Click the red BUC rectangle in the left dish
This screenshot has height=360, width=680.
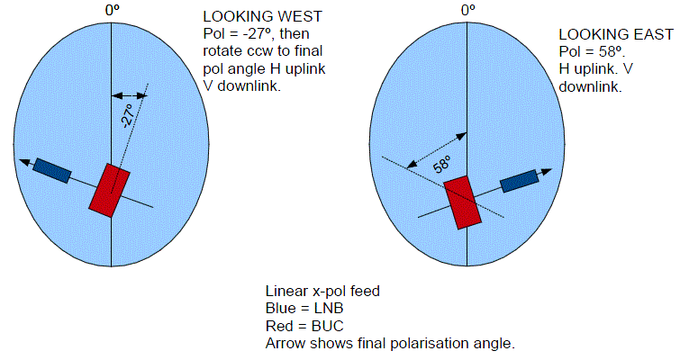click(x=109, y=190)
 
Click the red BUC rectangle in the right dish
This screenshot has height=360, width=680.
click(x=463, y=202)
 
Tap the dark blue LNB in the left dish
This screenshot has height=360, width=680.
click(x=52, y=171)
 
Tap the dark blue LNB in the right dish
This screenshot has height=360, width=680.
click(x=520, y=181)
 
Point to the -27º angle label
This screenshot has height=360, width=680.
click(x=129, y=116)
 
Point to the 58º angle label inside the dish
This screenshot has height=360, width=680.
click(x=442, y=165)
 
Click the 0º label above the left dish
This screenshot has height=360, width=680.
click(x=113, y=10)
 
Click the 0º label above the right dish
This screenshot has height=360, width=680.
click(x=468, y=10)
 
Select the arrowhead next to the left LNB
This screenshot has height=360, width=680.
click(x=25, y=162)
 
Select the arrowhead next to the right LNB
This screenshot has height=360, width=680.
click(x=547, y=172)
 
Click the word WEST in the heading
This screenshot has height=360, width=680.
click(x=300, y=16)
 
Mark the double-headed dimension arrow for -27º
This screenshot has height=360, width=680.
click(x=129, y=95)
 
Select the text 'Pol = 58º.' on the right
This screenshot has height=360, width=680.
click(x=592, y=51)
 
